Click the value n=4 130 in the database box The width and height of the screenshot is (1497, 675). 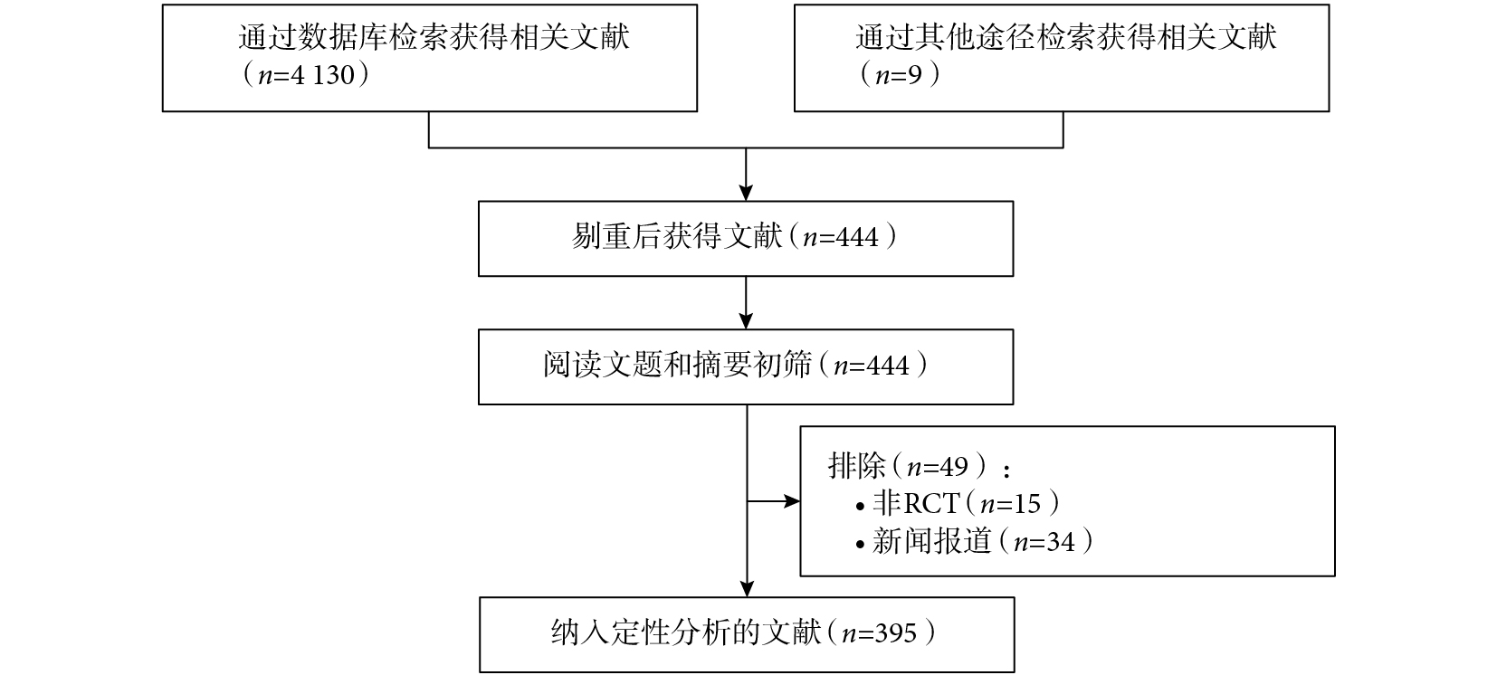pyautogui.click(x=306, y=75)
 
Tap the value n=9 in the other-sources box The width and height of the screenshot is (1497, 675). pyautogui.click(x=899, y=75)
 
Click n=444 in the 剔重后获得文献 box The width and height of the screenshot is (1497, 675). pyautogui.click(x=841, y=237)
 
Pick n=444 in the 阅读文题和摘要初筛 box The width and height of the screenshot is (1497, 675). pyautogui.click(x=872, y=366)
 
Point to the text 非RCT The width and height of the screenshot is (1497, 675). pyautogui.click(x=916, y=503)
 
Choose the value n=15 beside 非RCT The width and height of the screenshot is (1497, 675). pyautogui.click(x=1010, y=504)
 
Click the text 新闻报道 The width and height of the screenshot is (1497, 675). pyautogui.click(x=931, y=541)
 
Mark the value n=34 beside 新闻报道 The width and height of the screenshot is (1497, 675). pyautogui.click(x=1044, y=543)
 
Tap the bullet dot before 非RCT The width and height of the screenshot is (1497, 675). pyautogui.click(x=860, y=508)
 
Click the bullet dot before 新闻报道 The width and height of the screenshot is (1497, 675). pyautogui.click(x=860, y=546)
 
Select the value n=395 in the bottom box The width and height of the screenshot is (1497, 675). pyautogui.click(x=879, y=632)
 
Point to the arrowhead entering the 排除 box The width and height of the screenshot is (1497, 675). pyautogui.click(x=792, y=501)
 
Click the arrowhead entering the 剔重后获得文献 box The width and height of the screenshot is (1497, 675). pyautogui.click(x=746, y=193)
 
